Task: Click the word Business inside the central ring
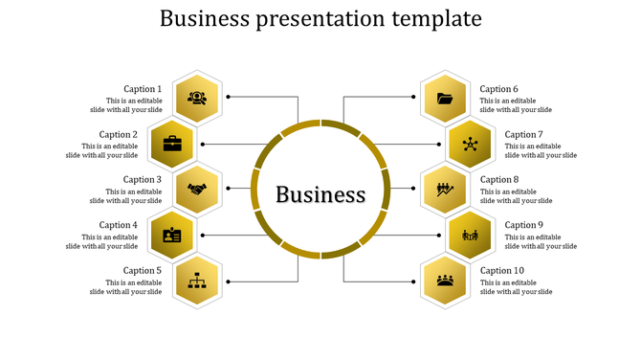click(x=320, y=194)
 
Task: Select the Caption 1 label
click(x=143, y=89)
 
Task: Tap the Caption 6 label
click(x=499, y=89)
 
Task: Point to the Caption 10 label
click(x=502, y=271)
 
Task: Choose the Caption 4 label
click(x=119, y=225)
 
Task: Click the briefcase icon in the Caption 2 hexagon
click(x=172, y=144)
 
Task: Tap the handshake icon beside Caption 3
click(x=197, y=190)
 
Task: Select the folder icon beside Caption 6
click(x=444, y=98)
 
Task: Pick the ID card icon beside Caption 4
click(x=172, y=235)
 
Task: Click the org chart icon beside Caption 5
click(x=198, y=281)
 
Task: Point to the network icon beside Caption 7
click(x=470, y=144)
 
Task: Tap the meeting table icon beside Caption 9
click(x=470, y=235)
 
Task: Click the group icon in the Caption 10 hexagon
click(x=444, y=281)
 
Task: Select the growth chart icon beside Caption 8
click(x=444, y=190)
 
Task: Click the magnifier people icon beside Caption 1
click(x=197, y=98)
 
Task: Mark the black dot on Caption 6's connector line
click(x=413, y=97)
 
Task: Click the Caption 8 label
click(x=499, y=179)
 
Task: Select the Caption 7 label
click(x=524, y=134)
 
